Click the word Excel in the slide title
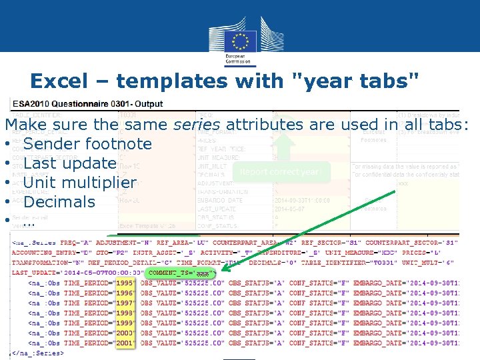66,81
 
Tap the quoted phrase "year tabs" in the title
356,81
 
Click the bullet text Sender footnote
87,143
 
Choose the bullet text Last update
69,163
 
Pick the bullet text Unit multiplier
79,182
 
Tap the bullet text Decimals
59,201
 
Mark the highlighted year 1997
125,303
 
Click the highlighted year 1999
125,323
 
